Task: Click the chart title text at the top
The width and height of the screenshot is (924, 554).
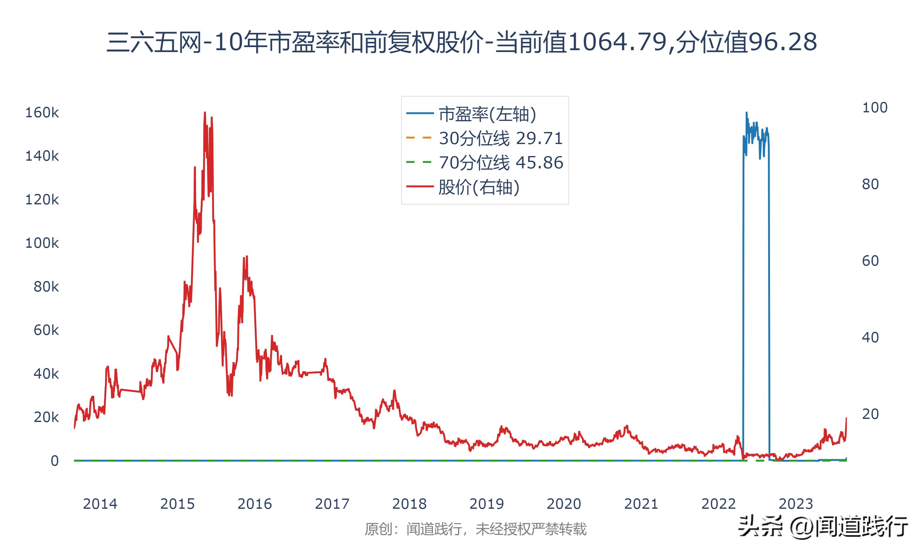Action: pos(462,42)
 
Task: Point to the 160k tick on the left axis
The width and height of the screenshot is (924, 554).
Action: pos(42,112)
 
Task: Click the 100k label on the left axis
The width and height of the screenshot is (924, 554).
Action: pos(42,243)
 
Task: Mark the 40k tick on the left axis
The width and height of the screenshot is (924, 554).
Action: pos(46,374)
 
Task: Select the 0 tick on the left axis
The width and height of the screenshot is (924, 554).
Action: pos(55,461)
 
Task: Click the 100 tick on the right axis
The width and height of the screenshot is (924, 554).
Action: pos(875,107)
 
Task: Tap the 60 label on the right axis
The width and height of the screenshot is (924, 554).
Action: pos(870,261)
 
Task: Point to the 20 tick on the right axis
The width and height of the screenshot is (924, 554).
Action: pos(870,414)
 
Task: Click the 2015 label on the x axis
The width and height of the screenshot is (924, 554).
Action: pos(177,504)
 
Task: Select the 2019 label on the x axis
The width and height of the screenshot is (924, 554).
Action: pos(487,504)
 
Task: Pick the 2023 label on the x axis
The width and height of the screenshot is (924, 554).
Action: pos(796,504)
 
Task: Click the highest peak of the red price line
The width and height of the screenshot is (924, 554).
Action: pos(205,112)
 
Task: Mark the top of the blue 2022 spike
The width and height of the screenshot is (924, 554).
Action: pos(746,112)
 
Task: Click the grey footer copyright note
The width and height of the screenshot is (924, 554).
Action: pos(476,529)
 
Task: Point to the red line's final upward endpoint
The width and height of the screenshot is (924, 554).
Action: pos(846,418)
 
